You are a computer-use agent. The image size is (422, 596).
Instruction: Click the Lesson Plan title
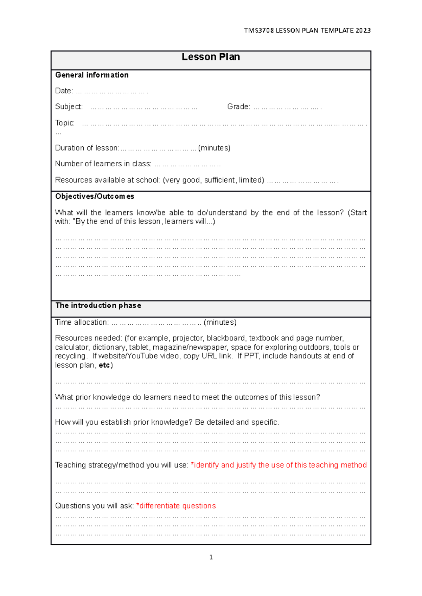pyautogui.click(x=211, y=57)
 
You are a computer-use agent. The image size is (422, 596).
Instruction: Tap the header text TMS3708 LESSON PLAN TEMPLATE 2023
pyautogui.click(x=307, y=31)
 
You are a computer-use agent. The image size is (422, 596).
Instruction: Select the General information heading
pyautogui.click(x=92, y=75)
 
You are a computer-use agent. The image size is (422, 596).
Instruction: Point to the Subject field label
pyautogui.click(x=69, y=107)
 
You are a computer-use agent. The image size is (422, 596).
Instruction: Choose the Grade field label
pyautogui.click(x=239, y=107)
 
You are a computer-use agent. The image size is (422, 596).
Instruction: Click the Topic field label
pyautogui.click(x=65, y=123)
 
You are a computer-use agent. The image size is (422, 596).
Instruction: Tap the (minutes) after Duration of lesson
pyautogui.click(x=214, y=148)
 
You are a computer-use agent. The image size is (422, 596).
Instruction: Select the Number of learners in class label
pyautogui.click(x=103, y=164)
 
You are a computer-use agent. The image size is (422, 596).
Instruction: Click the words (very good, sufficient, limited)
pyautogui.click(x=213, y=180)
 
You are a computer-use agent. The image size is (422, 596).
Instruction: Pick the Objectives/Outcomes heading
pyautogui.click(x=95, y=196)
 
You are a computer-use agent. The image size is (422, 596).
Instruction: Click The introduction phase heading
pyautogui.click(x=98, y=305)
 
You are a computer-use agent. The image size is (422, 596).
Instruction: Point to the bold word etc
pyautogui.click(x=104, y=365)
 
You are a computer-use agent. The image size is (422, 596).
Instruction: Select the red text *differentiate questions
pyautogui.click(x=176, y=506)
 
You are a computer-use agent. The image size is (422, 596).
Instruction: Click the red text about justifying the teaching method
pyautogui.click(x=279, y=465)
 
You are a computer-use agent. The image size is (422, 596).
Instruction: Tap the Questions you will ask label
pyautogui.click(x=94, y=506)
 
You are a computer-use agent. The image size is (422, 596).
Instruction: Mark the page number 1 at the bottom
pyautogui.click(x=211, y=557)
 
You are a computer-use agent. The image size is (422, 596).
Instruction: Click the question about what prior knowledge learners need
pyautogui.click(x=187, y=397)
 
